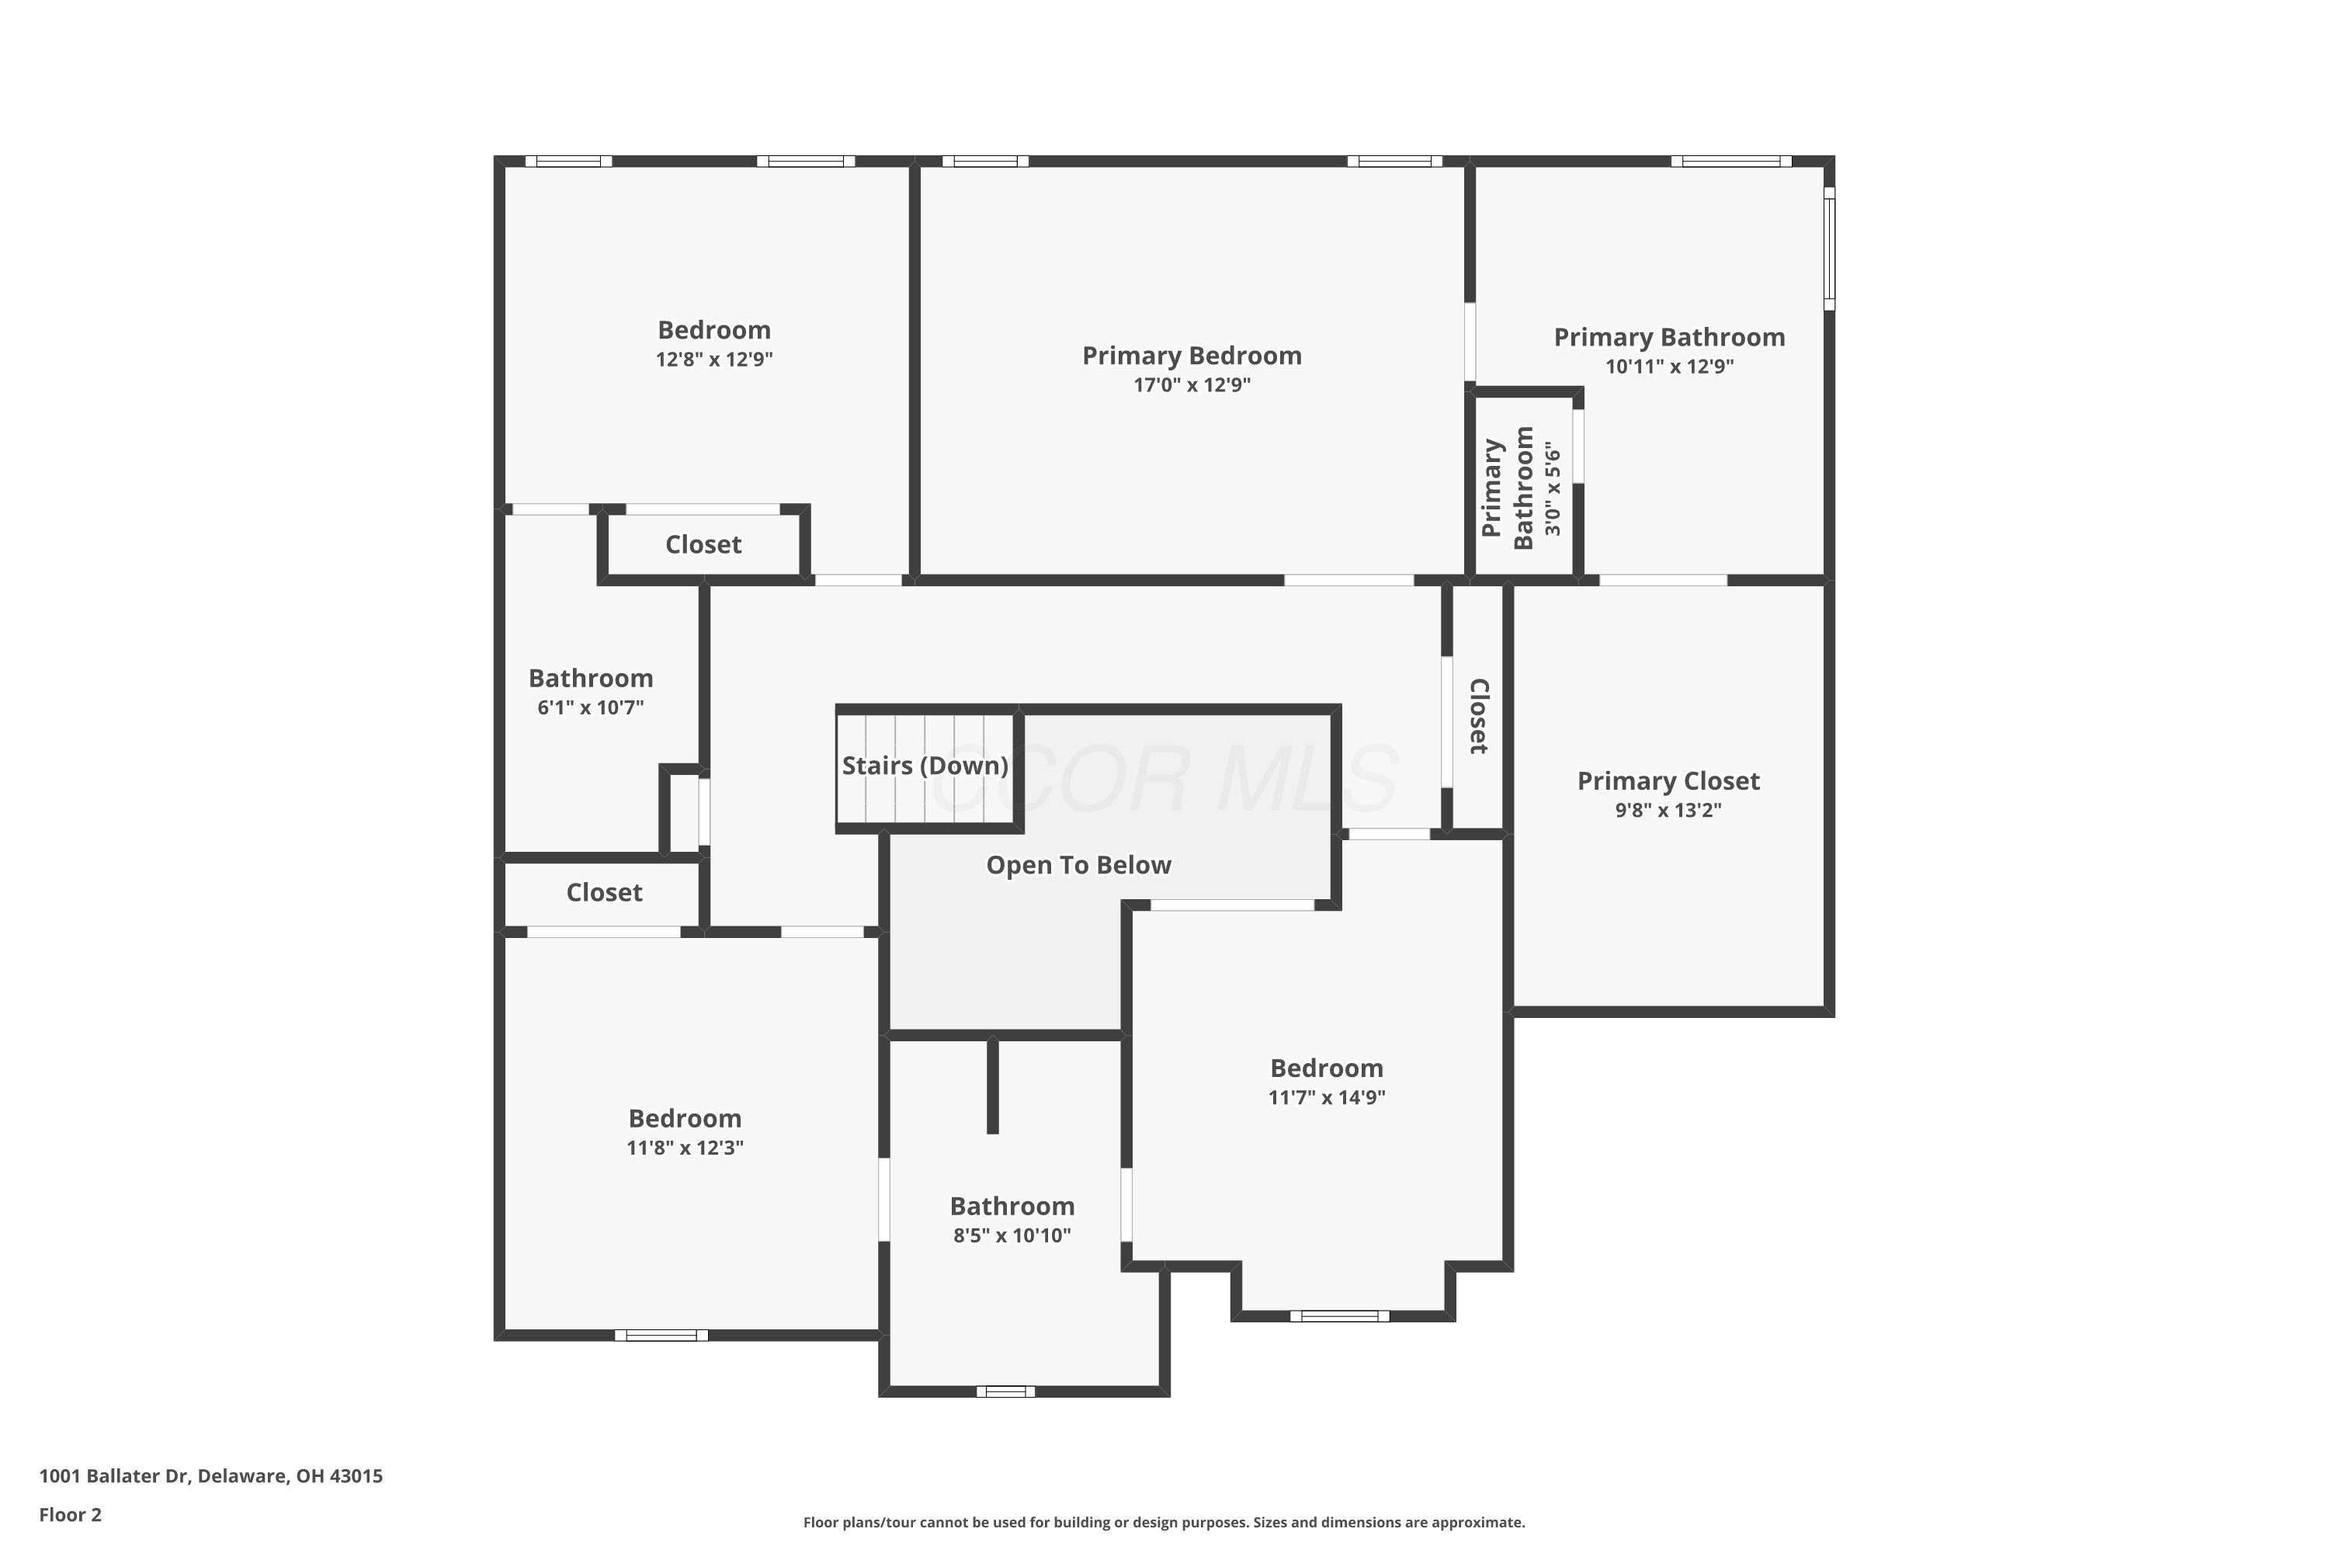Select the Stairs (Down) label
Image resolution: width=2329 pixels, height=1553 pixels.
pyautogui.click(x=925, y=766)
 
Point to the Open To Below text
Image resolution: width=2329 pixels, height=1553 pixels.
pyautogui.click(x=1078, y=866)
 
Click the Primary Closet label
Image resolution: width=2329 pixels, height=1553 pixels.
pyautogui.click(x=1668, y=781)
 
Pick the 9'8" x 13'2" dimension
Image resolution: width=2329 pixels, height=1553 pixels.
pyautogui.click(x=1668, y=810)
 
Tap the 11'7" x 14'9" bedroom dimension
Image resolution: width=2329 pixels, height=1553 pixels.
pyautogui.click(x=1326, y=1097)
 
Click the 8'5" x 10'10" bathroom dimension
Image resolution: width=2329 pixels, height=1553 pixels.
pyautogui.click(x=1012, y=1235)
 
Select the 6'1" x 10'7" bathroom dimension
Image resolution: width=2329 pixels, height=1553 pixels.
pyautogui.click(x=590, y=707)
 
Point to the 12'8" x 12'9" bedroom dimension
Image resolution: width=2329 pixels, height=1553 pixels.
pyautogui.click(x=714, y=360)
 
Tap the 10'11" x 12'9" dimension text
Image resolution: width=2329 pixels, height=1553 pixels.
pyautogui.click(x=1670, y=367)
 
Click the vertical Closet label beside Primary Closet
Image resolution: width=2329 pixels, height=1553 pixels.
pyautogui.click(x=1478, y=716)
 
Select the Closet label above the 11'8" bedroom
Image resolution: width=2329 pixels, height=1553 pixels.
pyautogui.click(x=604, y=892)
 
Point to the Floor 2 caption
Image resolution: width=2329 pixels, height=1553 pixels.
pyautogui.click(x=71, y=1514)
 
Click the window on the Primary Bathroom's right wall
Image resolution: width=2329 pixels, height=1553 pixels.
pyautogui.click(x=1829, y=248)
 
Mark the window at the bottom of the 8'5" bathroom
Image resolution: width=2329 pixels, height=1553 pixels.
pyautogui.click(x=1005, y=1391)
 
